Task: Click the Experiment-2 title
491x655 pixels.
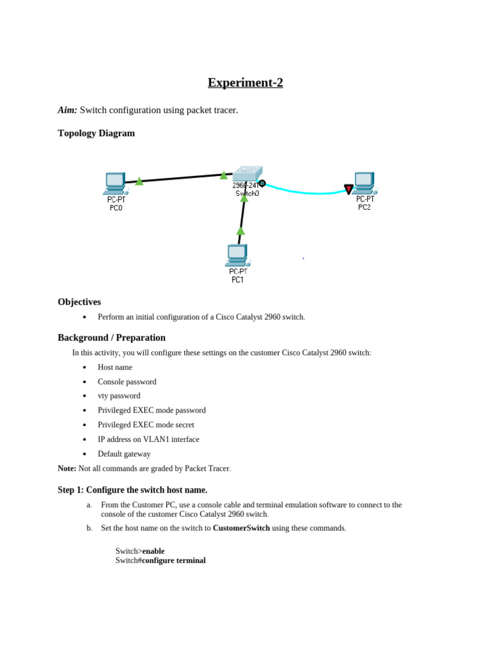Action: [245, 83]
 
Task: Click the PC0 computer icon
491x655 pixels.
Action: [115, 184]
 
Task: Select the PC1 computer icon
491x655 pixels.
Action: [237, 255]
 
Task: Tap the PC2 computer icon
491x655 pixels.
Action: [364, 183]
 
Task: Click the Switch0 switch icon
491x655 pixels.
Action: [247, 173]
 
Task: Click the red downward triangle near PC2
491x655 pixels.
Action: [348, 189]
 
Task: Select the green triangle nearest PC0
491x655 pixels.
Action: [139, 181]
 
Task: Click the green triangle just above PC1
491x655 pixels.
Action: [240, 231]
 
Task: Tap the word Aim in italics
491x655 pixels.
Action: [67, 110]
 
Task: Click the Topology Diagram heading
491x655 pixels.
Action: [96, 133]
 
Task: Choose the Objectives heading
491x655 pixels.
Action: [79, 302]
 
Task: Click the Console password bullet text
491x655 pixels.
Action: [127, 382]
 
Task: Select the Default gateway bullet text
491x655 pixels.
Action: [124, 454]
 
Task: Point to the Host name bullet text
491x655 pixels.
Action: [115, 367]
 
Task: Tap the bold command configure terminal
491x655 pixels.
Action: [173, 561]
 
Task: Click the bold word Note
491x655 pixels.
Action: [66, 468]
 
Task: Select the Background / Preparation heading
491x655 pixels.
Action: [111, 338]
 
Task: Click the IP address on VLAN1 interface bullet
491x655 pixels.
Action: [148, 439]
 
